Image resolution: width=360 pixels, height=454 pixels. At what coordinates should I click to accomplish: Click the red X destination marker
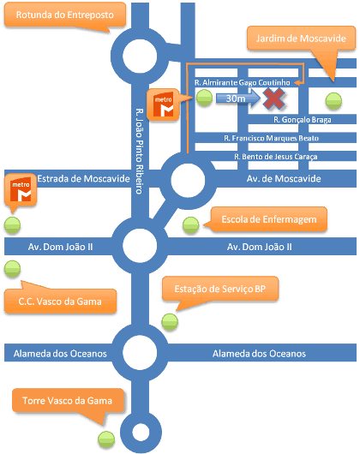coord(273,99)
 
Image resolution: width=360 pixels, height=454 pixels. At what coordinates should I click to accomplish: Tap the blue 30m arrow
coord(238,99)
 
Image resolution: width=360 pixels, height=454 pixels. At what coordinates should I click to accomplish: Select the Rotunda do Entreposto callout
coord(65,15)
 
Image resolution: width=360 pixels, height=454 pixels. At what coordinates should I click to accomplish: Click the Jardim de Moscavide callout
coord(301,39)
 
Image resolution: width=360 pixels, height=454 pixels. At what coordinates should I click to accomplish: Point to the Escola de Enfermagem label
coord(269,219)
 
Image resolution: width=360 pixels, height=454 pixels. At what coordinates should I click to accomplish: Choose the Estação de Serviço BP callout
coord(220,289)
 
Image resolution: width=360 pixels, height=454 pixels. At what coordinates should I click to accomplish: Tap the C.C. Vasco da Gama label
coord(60,302)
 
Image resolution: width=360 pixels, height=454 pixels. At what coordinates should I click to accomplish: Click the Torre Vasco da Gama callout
coord(68,401)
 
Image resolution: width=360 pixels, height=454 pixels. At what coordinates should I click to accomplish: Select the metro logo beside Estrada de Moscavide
coord(21,190)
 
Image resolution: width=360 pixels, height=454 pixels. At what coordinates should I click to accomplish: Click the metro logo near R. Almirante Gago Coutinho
coord(163,105)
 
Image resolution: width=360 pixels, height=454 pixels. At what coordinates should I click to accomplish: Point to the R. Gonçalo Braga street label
coord(303,120)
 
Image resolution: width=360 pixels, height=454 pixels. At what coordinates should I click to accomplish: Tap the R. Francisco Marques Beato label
coord(272,138)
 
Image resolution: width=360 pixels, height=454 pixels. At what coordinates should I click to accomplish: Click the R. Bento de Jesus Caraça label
coord(276,157)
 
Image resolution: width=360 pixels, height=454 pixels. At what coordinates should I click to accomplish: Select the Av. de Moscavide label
coord(284,179)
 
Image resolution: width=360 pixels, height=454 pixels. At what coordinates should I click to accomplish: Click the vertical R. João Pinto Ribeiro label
coord(140,151)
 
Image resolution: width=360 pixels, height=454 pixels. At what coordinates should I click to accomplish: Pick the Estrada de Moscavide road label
coord(83,179)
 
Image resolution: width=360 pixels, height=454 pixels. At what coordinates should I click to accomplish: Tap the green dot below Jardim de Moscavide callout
coord(333,101)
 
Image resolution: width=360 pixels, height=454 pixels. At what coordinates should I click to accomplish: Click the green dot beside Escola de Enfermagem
coord(191,225)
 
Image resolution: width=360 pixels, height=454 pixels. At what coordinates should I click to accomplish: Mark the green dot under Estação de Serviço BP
coord(170,322)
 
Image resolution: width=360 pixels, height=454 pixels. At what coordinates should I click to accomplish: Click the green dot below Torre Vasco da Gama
coord(106,439)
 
